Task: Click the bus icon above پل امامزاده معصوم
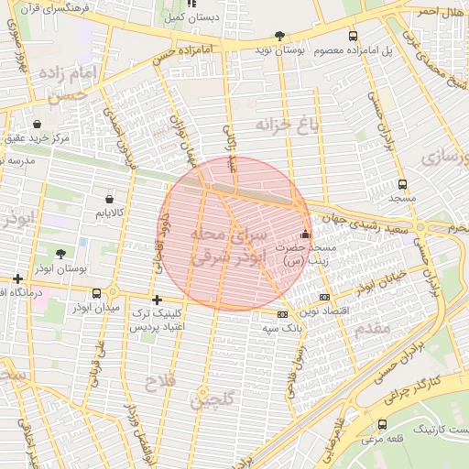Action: click(x=354, y=36)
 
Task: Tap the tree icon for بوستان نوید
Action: click(x=279, y=36)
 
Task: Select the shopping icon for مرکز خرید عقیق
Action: click(x=37, y=124)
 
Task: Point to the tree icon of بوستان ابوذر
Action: click(x=60, y=254)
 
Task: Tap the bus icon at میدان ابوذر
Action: click(x=97, y=293)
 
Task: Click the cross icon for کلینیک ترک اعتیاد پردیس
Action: click(x=157, y=300)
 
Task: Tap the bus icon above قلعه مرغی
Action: click(x=382, y=424)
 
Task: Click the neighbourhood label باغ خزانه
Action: click(x=287, y=125)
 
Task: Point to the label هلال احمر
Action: click(x=439, y=11)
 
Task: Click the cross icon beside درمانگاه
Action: click(x=17, y=278)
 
